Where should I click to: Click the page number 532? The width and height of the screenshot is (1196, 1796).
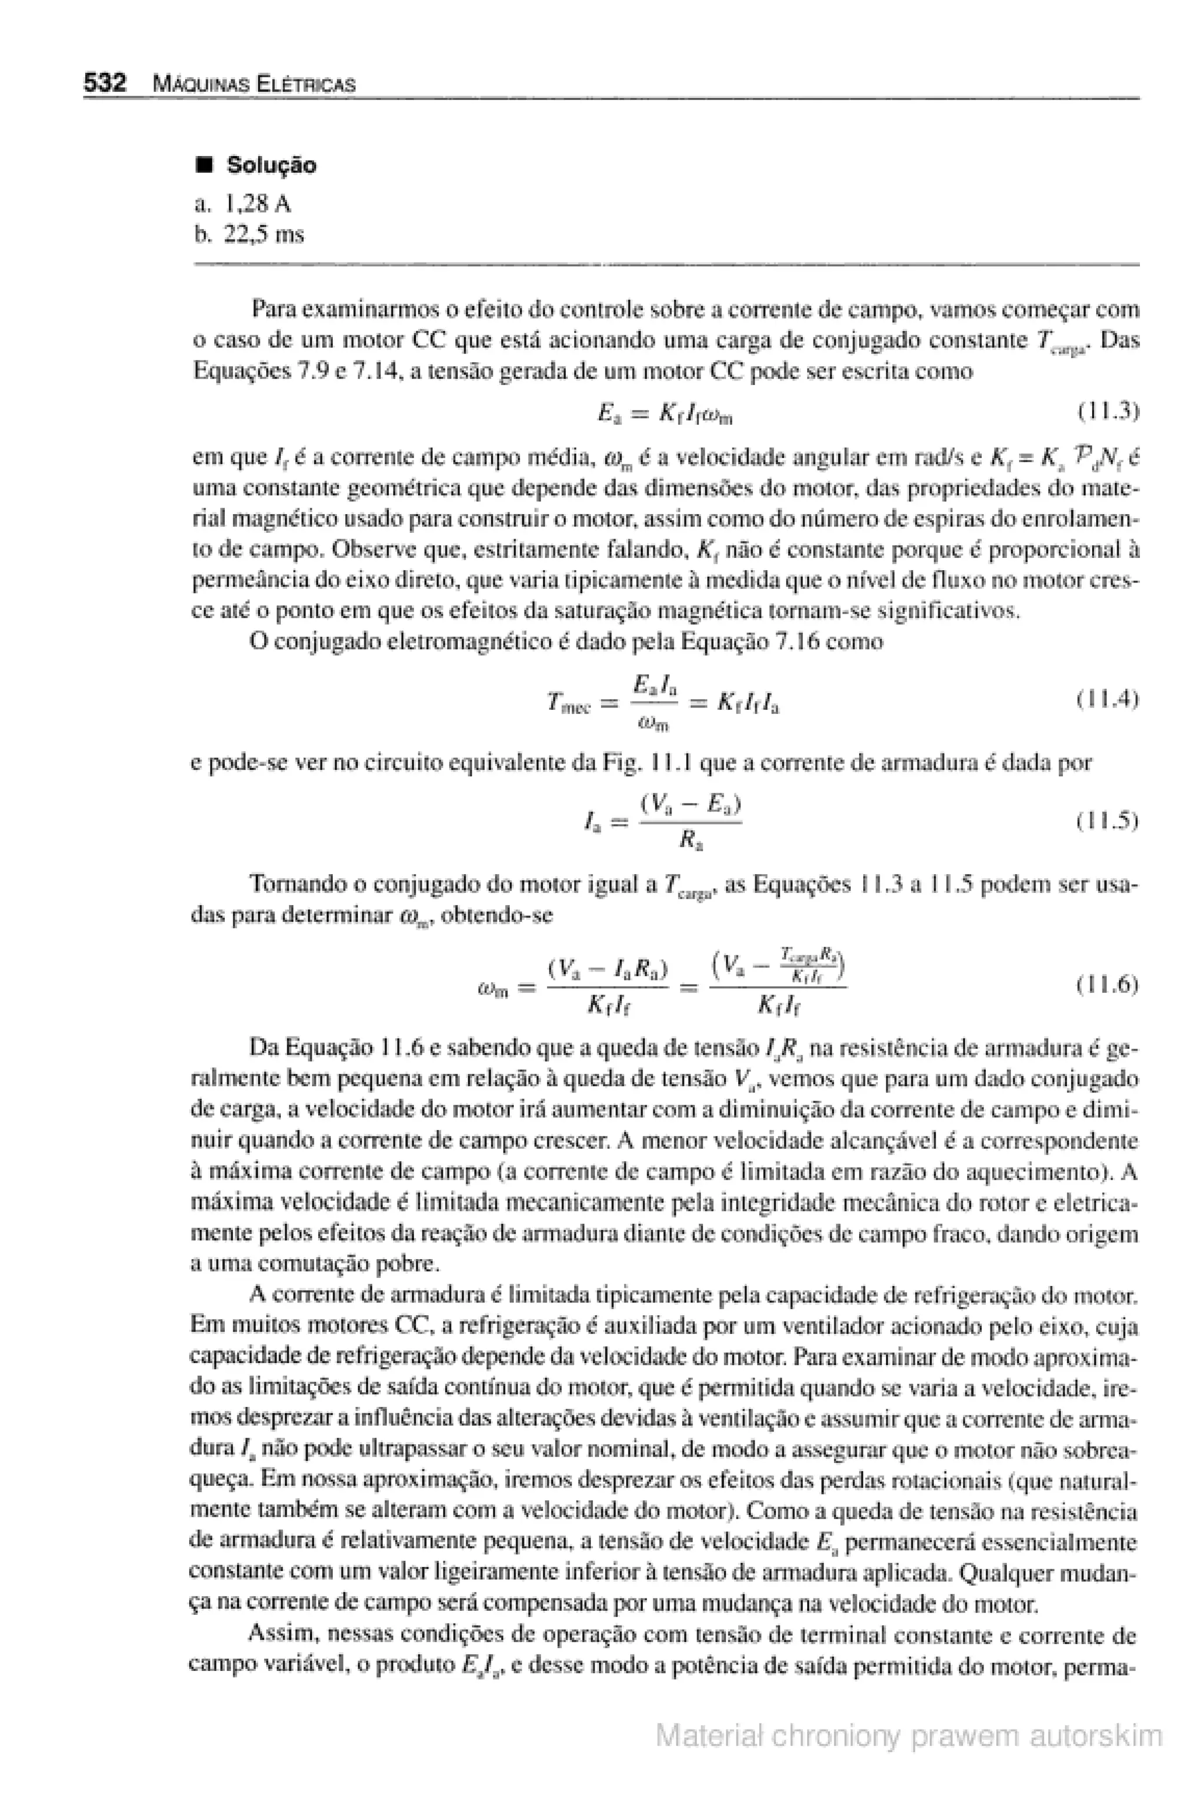pos(104,82)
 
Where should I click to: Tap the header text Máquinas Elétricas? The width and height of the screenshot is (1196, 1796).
pos(254,84)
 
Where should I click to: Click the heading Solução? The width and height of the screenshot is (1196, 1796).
pos(271,165)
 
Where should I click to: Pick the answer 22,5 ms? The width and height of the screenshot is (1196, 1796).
pos(264,234)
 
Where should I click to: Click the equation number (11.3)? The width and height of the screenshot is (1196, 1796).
pos(1107,412)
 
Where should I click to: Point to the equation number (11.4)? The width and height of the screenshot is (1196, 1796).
pos(1107,699)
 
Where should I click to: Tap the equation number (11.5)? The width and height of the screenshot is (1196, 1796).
pos(1107,821)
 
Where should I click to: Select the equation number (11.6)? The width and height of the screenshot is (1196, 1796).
pos(1107,985)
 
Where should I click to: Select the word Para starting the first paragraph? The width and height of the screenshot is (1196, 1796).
pos(274,310)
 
